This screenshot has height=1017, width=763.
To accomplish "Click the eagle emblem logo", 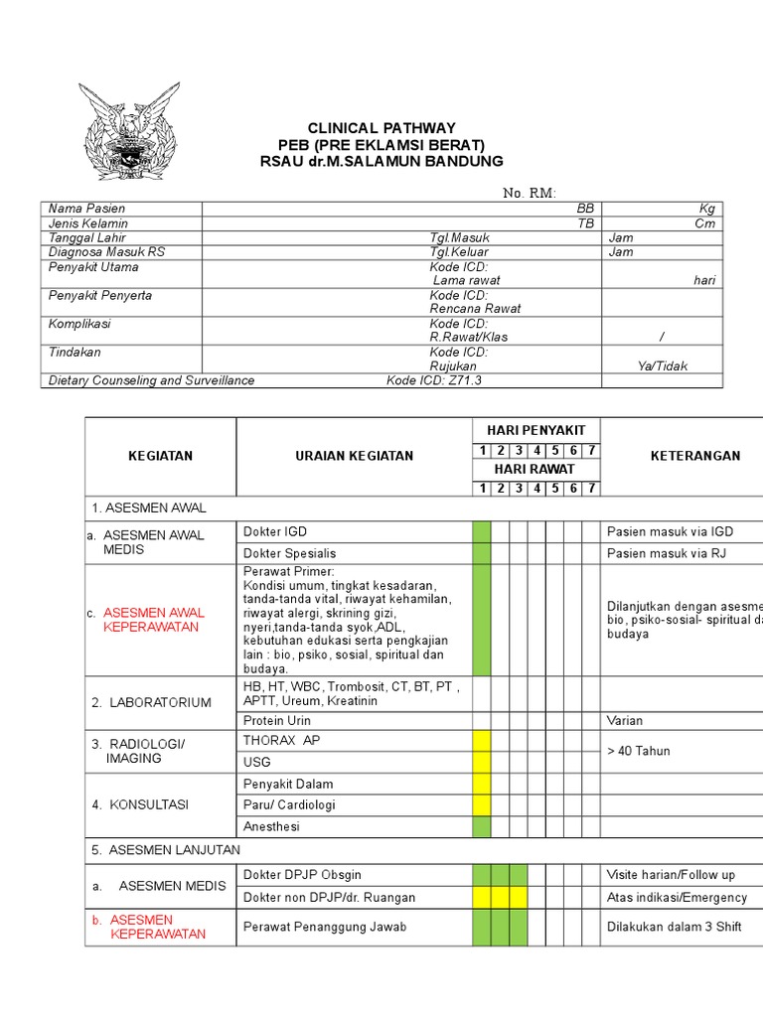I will [130, 130].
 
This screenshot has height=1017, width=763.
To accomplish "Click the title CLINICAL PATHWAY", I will [381, 128].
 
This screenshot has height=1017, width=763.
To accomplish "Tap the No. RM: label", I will [530, 193].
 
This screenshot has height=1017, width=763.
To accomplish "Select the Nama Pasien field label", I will [87, 209].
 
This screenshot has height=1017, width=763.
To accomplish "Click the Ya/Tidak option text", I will [662, 365].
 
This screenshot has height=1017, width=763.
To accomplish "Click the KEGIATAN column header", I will [160, 456].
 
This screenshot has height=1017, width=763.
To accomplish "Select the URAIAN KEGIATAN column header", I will [353, 456].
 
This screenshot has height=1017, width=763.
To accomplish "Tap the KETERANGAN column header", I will [694, 456].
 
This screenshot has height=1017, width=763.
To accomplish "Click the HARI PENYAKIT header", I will [535, 430].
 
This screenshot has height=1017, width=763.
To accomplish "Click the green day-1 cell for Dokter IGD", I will [482, 532].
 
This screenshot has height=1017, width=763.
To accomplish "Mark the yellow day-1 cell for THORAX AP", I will [482, 741].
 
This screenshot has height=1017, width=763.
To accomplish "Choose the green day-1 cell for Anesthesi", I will [482, 826].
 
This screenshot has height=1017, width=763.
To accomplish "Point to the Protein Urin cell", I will [277, 720].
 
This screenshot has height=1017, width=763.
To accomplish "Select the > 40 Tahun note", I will [638, 751].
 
